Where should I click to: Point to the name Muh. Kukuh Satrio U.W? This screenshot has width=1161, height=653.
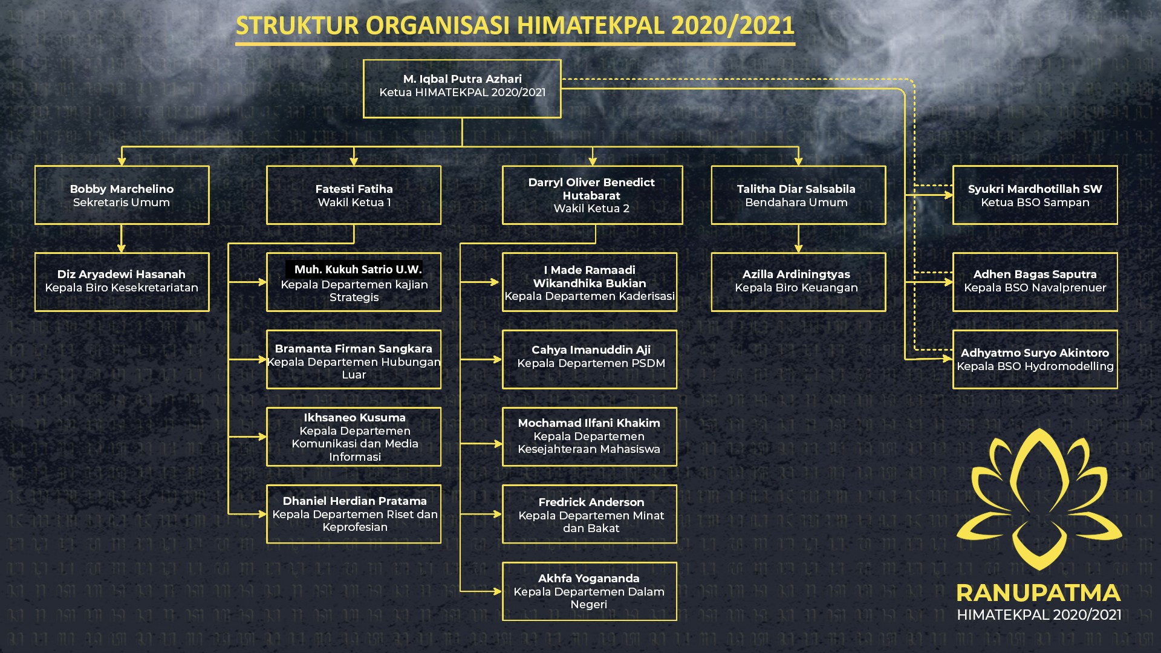point(358,270)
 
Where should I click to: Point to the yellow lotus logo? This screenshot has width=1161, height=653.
point(1039,499)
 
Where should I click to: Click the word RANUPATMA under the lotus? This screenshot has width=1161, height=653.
point(1038,593)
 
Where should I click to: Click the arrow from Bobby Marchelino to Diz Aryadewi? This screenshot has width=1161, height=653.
point(122,238)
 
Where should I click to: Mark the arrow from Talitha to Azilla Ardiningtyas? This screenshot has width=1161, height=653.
point(798,238)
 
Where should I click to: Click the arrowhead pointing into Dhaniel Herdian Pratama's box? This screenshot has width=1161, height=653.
point(262,514)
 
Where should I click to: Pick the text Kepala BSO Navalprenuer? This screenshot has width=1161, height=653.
point(1035,288)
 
